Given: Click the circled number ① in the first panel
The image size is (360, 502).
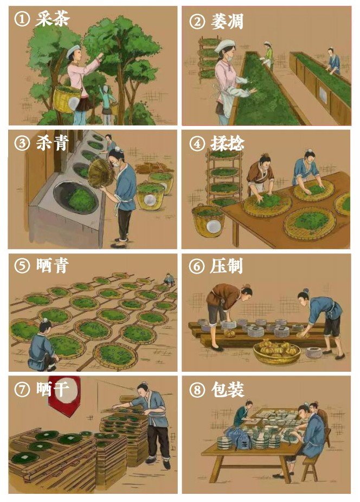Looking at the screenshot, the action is (22, 19).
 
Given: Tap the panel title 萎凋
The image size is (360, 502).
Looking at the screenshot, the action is (227, 22).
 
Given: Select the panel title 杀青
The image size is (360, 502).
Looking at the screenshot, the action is (53, 143).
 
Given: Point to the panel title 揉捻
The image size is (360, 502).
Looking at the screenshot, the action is (227, 143).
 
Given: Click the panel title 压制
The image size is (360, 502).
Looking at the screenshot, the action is (227, 266).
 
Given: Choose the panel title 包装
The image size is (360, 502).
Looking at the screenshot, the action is (228, 389).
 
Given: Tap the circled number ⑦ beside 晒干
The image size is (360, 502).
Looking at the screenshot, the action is (22, 389).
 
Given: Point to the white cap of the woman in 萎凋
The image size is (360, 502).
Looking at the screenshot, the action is (224, 45).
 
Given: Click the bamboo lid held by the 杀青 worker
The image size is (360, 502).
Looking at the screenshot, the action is (100, 173).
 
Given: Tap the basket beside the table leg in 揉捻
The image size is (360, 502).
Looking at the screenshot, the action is (208, 220).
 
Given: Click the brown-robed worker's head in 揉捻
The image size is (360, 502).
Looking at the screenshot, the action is (265, 160).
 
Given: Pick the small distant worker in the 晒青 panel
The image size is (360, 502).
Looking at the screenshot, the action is (169, 279).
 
